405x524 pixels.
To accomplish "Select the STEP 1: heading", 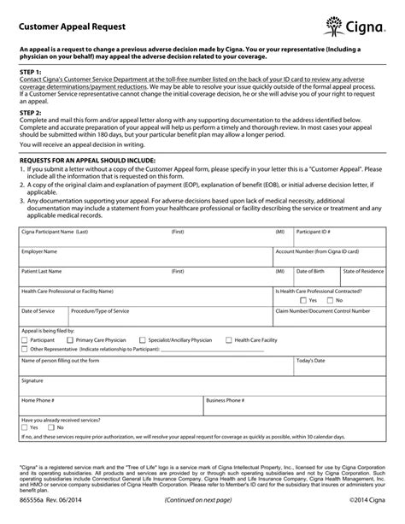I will (x=31, y=74).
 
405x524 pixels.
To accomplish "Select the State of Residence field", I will (x=363, y=276).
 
